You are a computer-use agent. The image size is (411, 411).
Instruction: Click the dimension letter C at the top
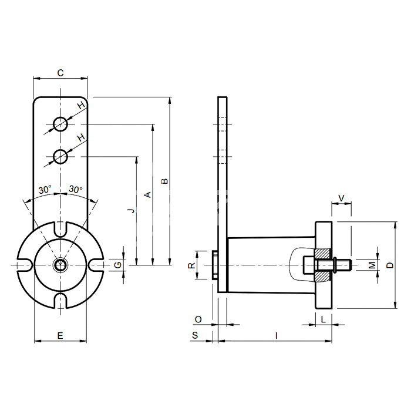click(60, 73)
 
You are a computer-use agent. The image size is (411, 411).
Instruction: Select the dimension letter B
click(164, 181)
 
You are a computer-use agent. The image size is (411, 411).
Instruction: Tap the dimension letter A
click(148, 194)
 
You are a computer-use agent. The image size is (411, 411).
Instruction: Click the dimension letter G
click(118, 265)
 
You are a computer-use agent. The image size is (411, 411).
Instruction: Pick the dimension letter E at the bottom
click(60, 335)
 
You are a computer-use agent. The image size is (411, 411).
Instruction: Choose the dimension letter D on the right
click(390, 265)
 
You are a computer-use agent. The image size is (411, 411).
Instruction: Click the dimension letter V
click(341, 198)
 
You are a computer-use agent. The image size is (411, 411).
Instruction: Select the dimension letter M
click(372, 265)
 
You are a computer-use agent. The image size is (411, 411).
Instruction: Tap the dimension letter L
click(324, 319)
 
